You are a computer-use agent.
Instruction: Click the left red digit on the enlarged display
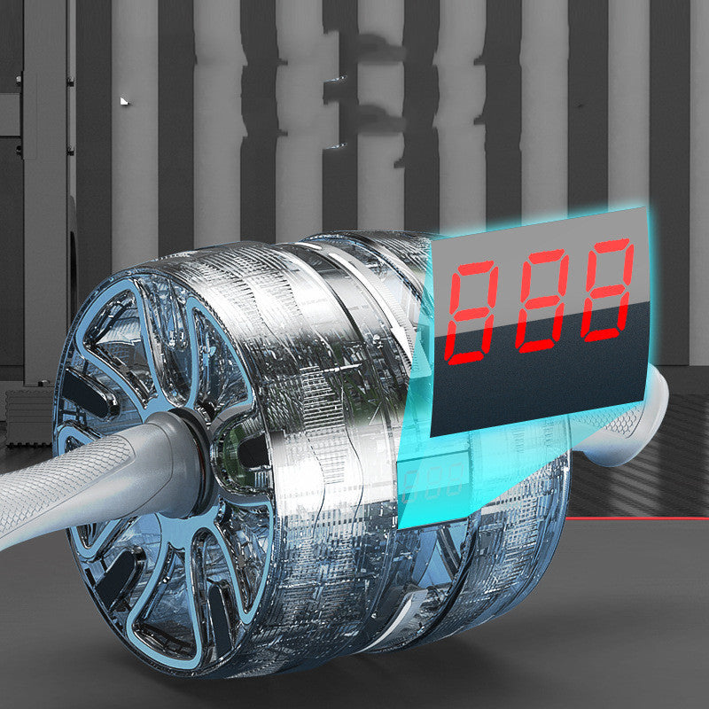point(471,312)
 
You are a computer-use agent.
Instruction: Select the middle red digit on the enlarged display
point(541,300)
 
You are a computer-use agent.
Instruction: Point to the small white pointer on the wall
point(124,101)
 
